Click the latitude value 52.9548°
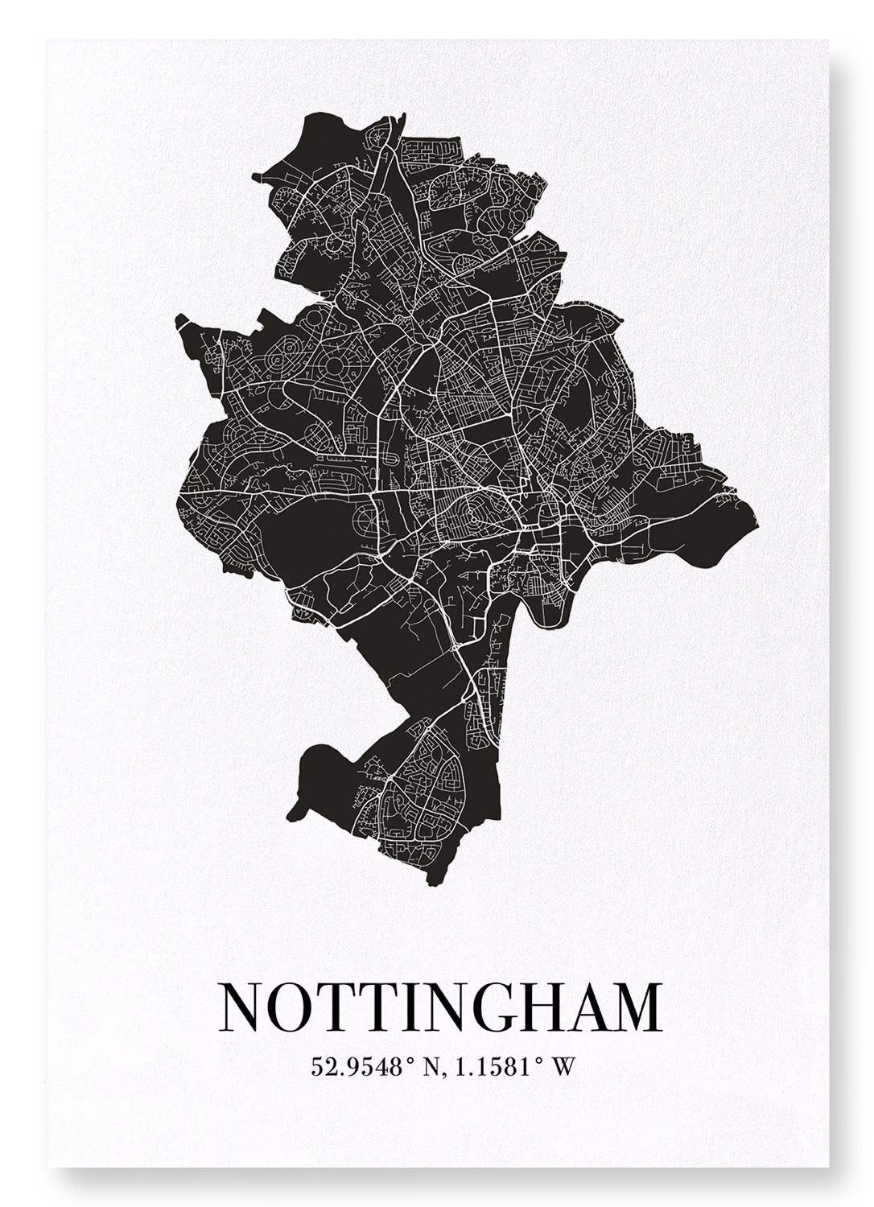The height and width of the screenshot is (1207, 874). coord(357,1068)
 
